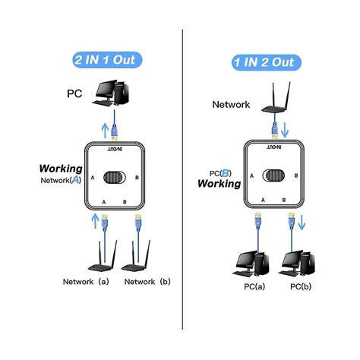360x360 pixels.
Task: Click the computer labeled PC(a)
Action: [254, 263]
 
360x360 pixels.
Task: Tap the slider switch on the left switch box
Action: [114, 178]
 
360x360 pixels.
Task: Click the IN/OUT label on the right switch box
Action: [271, 144]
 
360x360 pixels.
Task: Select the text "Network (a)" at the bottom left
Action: [87, 281]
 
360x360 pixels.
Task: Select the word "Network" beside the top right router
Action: [231, 106]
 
